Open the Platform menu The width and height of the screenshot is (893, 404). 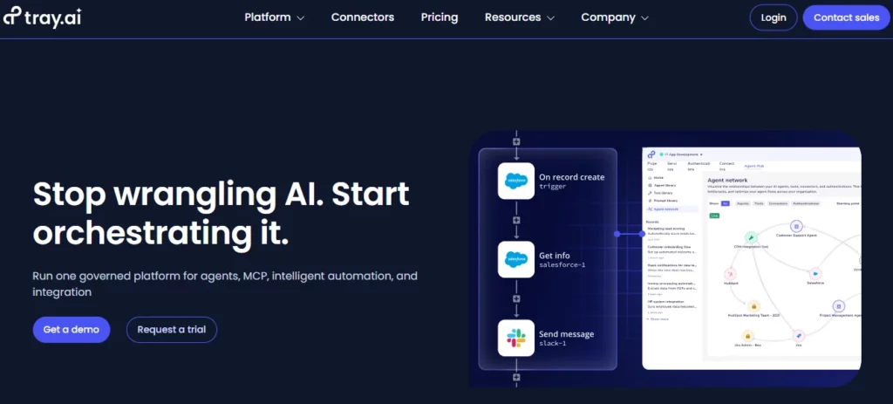click(x=274, y=17)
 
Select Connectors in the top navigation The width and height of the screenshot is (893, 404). click(x=362, y=17)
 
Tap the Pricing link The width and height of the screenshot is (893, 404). click(x=439, y=17)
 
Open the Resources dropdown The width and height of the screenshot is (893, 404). click(x=519, y=17)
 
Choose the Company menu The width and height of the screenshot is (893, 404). click(x=614, y=17)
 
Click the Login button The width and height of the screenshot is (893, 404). click(x=773, y=17)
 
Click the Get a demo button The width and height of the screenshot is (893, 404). click(x=72, y=330)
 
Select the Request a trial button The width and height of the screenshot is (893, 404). click(x=171, y=330)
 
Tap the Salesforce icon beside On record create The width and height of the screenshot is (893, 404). click(x=515, y=181)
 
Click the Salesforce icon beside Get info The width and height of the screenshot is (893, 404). click(x=515, y=259)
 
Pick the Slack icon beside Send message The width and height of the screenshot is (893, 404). click(x=515, y=338)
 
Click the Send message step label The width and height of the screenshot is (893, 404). click(x=566, y=333)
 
